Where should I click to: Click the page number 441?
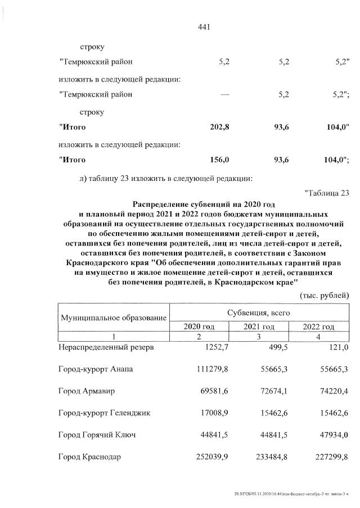tap(204, 26)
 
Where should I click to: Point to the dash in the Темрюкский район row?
tap(225, 94)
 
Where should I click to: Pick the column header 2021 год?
tap(259, 326)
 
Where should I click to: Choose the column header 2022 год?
tap(318, 326)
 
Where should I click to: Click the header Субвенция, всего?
tap(259, 312)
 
